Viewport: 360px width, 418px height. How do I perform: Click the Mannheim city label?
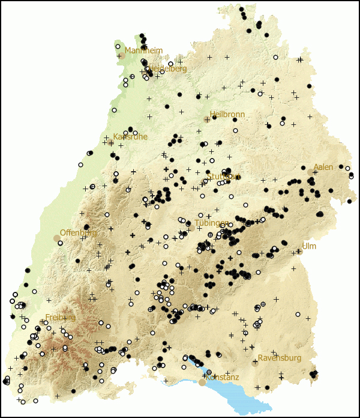click(x=143, y=51)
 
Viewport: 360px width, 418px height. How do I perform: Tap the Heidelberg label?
click(x=167, y=69)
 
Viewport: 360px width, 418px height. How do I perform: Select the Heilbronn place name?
click(x=228, y=114)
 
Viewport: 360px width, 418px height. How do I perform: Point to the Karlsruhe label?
click(x=130, y=137)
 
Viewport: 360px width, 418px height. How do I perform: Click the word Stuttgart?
click(x=224, y=177)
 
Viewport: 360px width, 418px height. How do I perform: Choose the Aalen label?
click(x=323, y=167)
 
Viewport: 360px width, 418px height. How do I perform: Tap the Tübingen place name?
click(x=211, y=223)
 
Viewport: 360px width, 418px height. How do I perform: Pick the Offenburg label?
click(x=78, y=232)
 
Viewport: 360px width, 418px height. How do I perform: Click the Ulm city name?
click(x=309, y=246)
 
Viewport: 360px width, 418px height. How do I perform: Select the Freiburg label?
click(x=61, y=317)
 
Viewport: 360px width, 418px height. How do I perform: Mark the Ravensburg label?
click(x=280, y=359)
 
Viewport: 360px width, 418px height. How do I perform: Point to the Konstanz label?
click(x=222, y=377)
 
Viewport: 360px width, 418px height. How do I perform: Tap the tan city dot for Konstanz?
click(x=202, y=382)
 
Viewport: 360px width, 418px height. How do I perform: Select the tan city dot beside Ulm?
click(x=299, y=252)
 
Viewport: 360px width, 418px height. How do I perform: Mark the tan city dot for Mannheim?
click(x=122, y=56)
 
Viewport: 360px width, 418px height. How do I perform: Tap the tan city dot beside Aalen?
click(x=310, y=172)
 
